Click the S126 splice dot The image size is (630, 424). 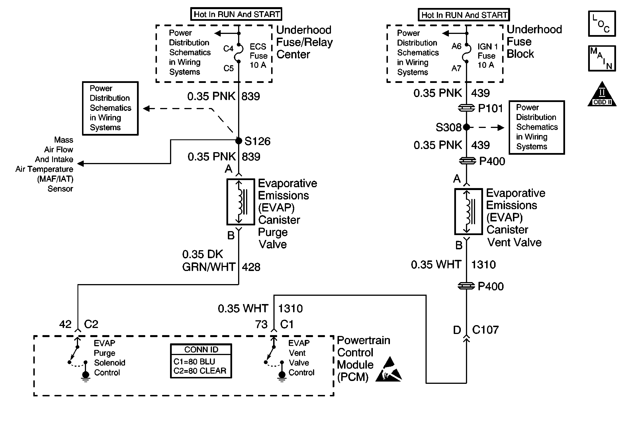tap(239, 140)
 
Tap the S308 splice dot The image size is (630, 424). tap(467, 127)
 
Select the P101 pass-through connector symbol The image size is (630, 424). tap(467, 108)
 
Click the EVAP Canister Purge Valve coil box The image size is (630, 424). tap(240, 202)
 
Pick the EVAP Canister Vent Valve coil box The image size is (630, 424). tap(468, 211)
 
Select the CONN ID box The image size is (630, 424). tap(201, 361)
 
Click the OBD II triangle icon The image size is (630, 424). tap(602, 94)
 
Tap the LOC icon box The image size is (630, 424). tap(602, 24)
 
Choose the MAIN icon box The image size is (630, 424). tap(602, 58)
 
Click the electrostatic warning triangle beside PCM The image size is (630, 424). tap(389, 370)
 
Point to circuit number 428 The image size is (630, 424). tap(251, 267)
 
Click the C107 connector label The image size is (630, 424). tap(485, 330)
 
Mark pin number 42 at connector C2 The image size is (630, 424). tap(65, 324)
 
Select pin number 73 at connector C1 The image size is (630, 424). tap(261, 324)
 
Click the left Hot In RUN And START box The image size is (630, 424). tap(236, 14)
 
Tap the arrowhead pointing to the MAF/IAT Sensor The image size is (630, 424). tap(81, 164)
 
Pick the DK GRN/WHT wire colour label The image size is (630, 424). tap(208, 261)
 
